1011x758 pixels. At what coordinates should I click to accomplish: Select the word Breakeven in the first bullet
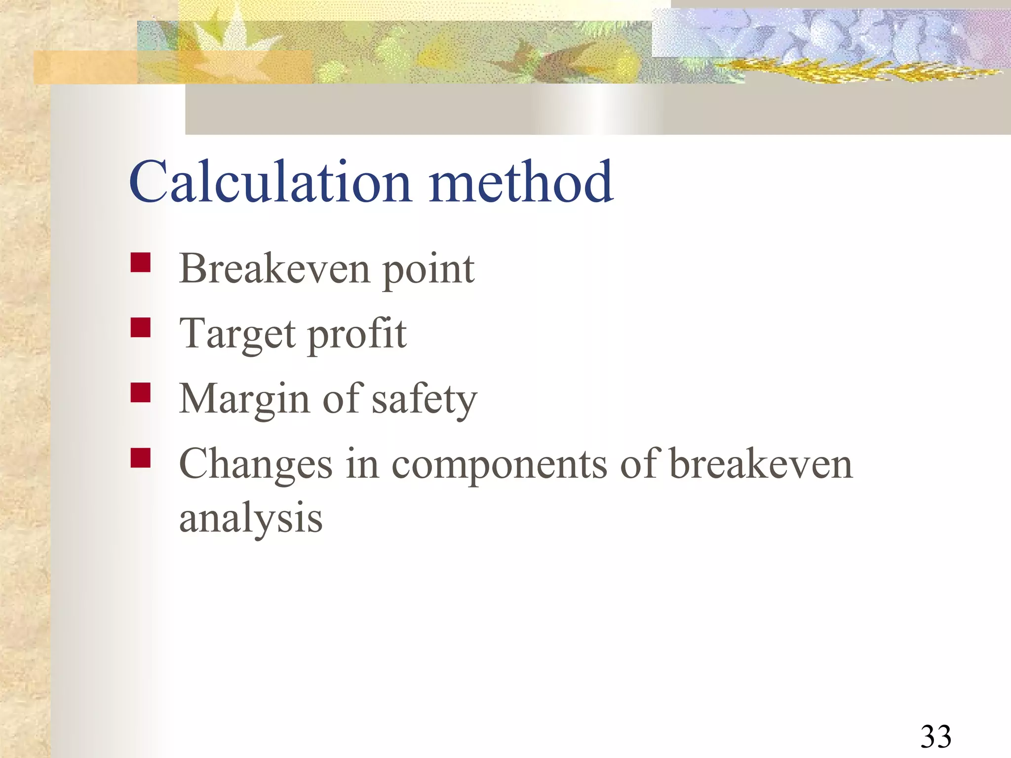point(274,269)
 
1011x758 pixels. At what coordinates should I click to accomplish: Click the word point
point(428,270)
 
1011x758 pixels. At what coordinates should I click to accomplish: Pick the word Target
point(237,335)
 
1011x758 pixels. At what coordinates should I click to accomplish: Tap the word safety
point(424,400)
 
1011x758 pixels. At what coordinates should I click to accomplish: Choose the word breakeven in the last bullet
point(761,464)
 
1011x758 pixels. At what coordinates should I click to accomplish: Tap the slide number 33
point(935,736)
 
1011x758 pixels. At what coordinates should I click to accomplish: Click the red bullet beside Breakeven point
point(141,263)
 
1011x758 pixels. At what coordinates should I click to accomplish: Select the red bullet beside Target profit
point(141,327)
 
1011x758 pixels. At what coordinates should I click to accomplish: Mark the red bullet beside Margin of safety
point(141,393)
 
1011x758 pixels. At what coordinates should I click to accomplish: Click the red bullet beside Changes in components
point(141,457)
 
